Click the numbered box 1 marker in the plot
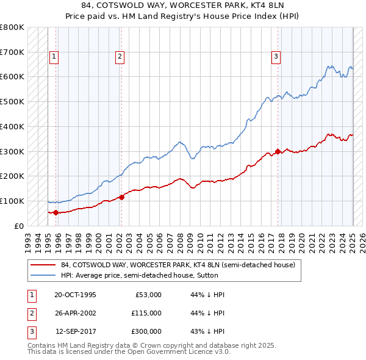pyautogui.click(x=54, y=57)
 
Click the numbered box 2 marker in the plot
pyautogui.click(x=120, y=57)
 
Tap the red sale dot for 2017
pyautogui.click(x=278, y=151)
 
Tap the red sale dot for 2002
pyautogui.click(x=121, y=197)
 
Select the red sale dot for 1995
pyautogui.click(x=56, y=212)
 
